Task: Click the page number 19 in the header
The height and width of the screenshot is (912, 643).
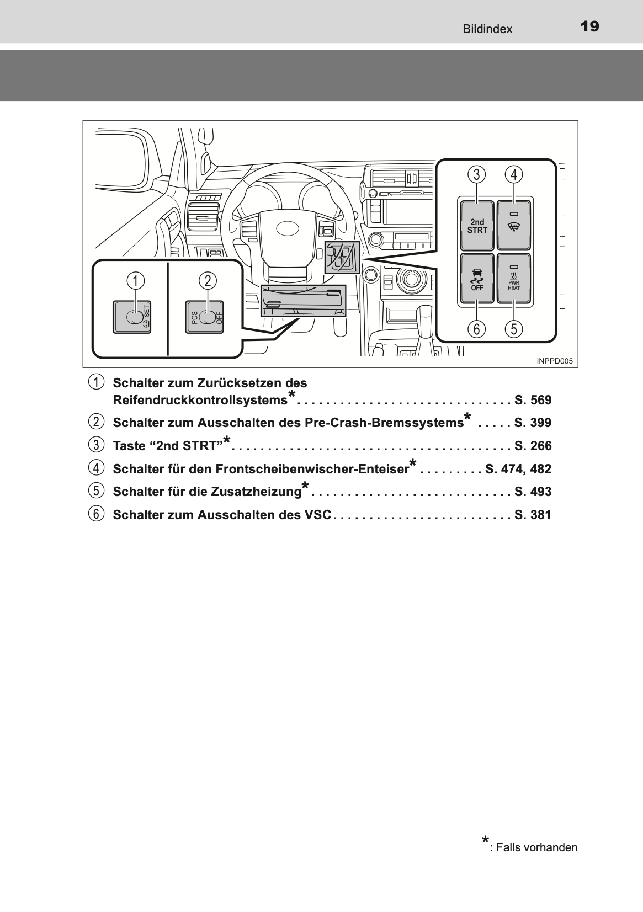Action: click(x=589, y=26)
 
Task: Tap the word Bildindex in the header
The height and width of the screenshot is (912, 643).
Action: click(x=487, y=29)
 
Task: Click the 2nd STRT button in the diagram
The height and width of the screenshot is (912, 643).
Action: click(x=477, y=226)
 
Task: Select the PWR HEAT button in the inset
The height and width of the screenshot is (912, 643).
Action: click(x=514, y=278)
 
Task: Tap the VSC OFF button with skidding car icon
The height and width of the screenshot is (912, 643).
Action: click(x=477, y=278)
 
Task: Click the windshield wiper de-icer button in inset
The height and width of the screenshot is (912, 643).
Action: click(x=514, y=225)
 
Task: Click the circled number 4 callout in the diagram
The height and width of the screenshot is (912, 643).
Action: click(x=514, y=175)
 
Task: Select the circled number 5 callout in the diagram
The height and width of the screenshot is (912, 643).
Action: click(x=514, y=329)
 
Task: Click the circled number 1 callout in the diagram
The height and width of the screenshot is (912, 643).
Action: click(x=134, y=280)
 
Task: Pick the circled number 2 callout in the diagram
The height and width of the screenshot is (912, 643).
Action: click(x=208, y=280)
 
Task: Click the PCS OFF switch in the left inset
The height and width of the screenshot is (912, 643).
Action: click(x=205, y=317)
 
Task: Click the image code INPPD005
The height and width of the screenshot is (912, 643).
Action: click(x=555, y=361)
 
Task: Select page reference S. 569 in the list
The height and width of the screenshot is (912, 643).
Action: click(x=533, y=400)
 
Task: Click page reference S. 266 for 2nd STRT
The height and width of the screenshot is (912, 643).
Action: click(x=533, y=446)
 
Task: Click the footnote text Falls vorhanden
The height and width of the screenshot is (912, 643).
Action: click(x=536, y=847)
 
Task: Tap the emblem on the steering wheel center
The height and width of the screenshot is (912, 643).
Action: click(x=284, y=227)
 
